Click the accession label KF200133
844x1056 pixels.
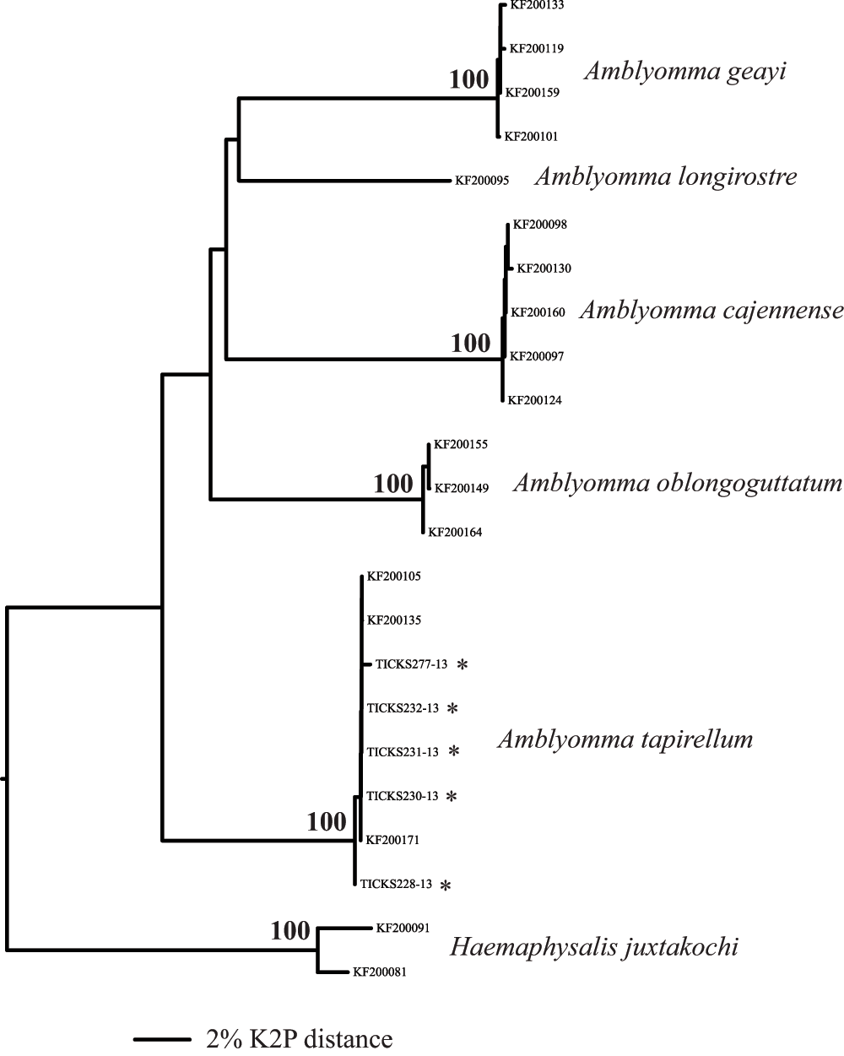(537, 5)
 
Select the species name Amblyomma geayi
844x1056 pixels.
(685, 72)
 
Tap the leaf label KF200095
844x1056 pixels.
(482, 181)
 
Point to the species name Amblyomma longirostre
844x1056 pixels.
(666, 176)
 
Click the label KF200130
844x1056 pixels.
(544, 268)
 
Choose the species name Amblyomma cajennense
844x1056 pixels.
(711, 311)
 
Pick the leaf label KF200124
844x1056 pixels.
(534, 400)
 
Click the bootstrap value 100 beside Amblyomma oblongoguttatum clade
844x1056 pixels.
(393, 484)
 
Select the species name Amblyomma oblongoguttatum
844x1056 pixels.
(678, 484)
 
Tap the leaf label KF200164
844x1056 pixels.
(455, 532)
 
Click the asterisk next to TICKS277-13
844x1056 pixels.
(463, 664)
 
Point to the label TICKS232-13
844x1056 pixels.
(403, 708)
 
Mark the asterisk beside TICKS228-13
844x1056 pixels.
(446, 885)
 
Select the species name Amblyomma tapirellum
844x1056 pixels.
(625, 739)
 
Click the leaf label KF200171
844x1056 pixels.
(392, 840)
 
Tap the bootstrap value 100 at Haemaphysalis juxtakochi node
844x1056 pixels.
(290, 931)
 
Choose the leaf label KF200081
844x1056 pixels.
(380, 972)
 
